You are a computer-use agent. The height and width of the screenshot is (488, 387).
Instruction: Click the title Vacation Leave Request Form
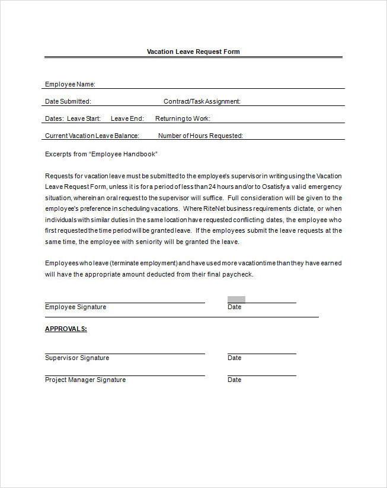point(193,52)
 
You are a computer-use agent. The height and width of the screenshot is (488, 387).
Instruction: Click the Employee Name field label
point(70,84)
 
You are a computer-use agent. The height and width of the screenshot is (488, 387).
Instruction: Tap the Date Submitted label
point(68,101)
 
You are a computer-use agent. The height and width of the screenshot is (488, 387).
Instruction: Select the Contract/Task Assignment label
point(202,101)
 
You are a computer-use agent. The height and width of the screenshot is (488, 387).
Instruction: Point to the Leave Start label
point(84,118)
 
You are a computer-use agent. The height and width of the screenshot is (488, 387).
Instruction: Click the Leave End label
point(127,118)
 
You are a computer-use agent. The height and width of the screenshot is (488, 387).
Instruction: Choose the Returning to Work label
point(183,118)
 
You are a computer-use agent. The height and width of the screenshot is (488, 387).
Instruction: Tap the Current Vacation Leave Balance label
point(92,136)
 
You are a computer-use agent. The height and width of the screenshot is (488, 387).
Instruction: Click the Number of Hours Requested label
point(200,136)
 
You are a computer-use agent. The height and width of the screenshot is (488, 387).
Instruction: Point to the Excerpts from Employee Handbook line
point(101,154)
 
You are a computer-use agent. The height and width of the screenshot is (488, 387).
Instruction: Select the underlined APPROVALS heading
point(66,329)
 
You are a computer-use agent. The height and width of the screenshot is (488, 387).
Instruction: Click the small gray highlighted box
point(236,300)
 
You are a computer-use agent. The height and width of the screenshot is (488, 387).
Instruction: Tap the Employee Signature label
point(75,307)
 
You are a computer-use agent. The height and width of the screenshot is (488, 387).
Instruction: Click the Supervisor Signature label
point(77,358)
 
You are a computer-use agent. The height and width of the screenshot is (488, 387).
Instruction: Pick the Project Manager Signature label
point(85,380)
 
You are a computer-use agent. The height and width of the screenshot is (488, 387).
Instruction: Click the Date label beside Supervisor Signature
point(234,358)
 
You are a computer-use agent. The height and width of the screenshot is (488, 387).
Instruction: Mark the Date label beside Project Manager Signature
point(234,380)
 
